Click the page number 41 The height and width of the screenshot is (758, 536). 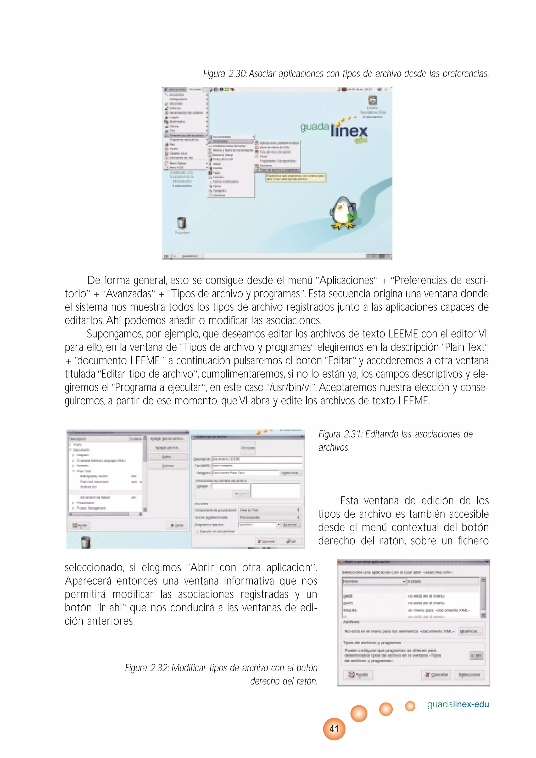coord(334,729)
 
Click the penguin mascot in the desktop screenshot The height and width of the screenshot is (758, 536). coord(343,213)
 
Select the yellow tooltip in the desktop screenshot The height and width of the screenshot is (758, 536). coord(296,177)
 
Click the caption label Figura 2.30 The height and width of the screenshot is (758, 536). coord(225,74)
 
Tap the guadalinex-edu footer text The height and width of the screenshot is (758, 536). coord(458,704)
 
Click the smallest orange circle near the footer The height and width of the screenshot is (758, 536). coord(410,706)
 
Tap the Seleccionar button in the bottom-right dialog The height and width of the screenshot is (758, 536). coord(469,675)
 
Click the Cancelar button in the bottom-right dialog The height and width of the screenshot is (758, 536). coord(436,675)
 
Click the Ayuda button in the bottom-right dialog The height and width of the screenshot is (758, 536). coord(358,675)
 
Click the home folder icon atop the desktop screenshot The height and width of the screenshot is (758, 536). coord(372,100)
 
